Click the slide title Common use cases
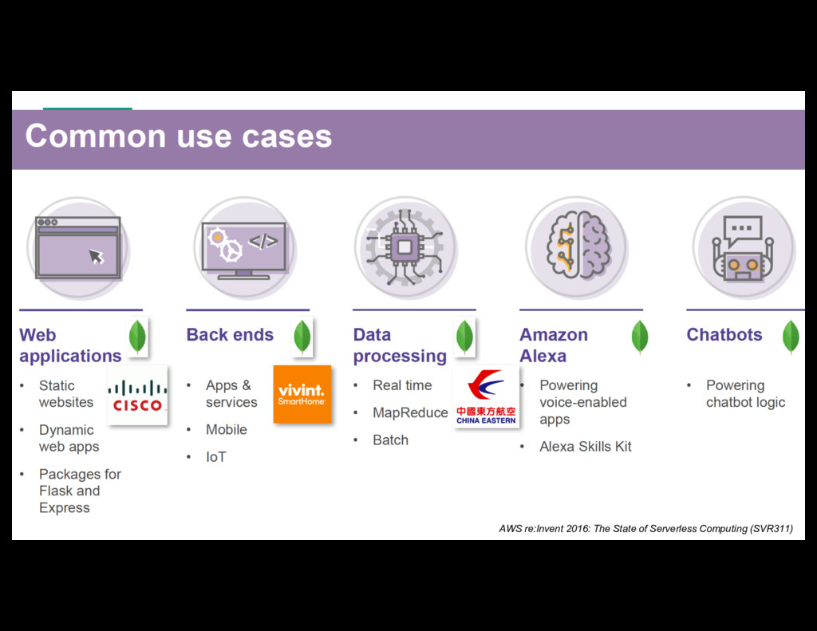click(x=179, y=136)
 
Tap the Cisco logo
click(x=137, y=396)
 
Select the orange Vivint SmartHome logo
click(x=302, y=394)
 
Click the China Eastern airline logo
click(x=486, y=396)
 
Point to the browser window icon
click(x=77, y=247)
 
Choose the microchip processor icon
click(x=405, y=247)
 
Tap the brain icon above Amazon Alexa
click(x=577, y=247)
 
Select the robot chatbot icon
click(x=743, y=247)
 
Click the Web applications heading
click(x=70, y=345)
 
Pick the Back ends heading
click(x=230, y=335)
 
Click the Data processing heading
click(x=400, y=345)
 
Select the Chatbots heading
click(x=724, y=335)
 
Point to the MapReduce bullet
click(x=410, y=412)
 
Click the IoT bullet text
click(x=216, y=457)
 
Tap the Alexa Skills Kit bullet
click(x=585, y=447)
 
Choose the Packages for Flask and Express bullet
click(x=80, y=491)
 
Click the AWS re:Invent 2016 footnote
click(x=645, y=528)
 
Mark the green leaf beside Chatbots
click(x=791, y=337)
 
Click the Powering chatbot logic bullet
click(x=745, y=394)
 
